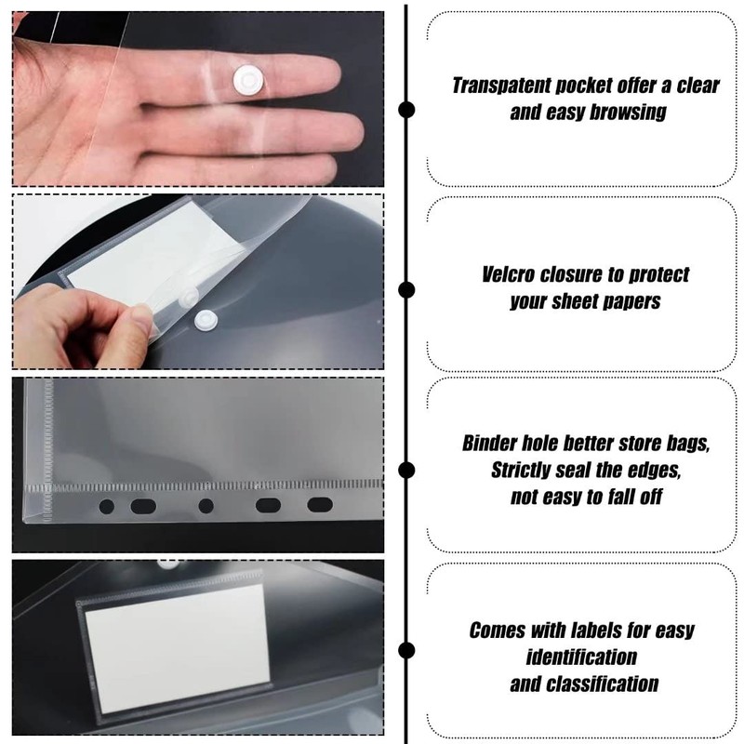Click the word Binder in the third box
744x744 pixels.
pyautogui.click(x=490, y=444)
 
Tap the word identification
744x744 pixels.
pyautogui.click(x=582, y=657)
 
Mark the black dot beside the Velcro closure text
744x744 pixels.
pyautogui.click(x=406, y=290)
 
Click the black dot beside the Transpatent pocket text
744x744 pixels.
pyautogui.click(x=406, y=110)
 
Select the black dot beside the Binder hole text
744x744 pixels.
pyautogui.click(x=406, y=470)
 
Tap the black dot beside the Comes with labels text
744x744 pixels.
pyautogui.click(x=406, y=650)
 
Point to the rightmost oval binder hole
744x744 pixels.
pyautogui.click(x=318, y=506)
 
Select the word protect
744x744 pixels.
pyautogui.click(x=655, y=276)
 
